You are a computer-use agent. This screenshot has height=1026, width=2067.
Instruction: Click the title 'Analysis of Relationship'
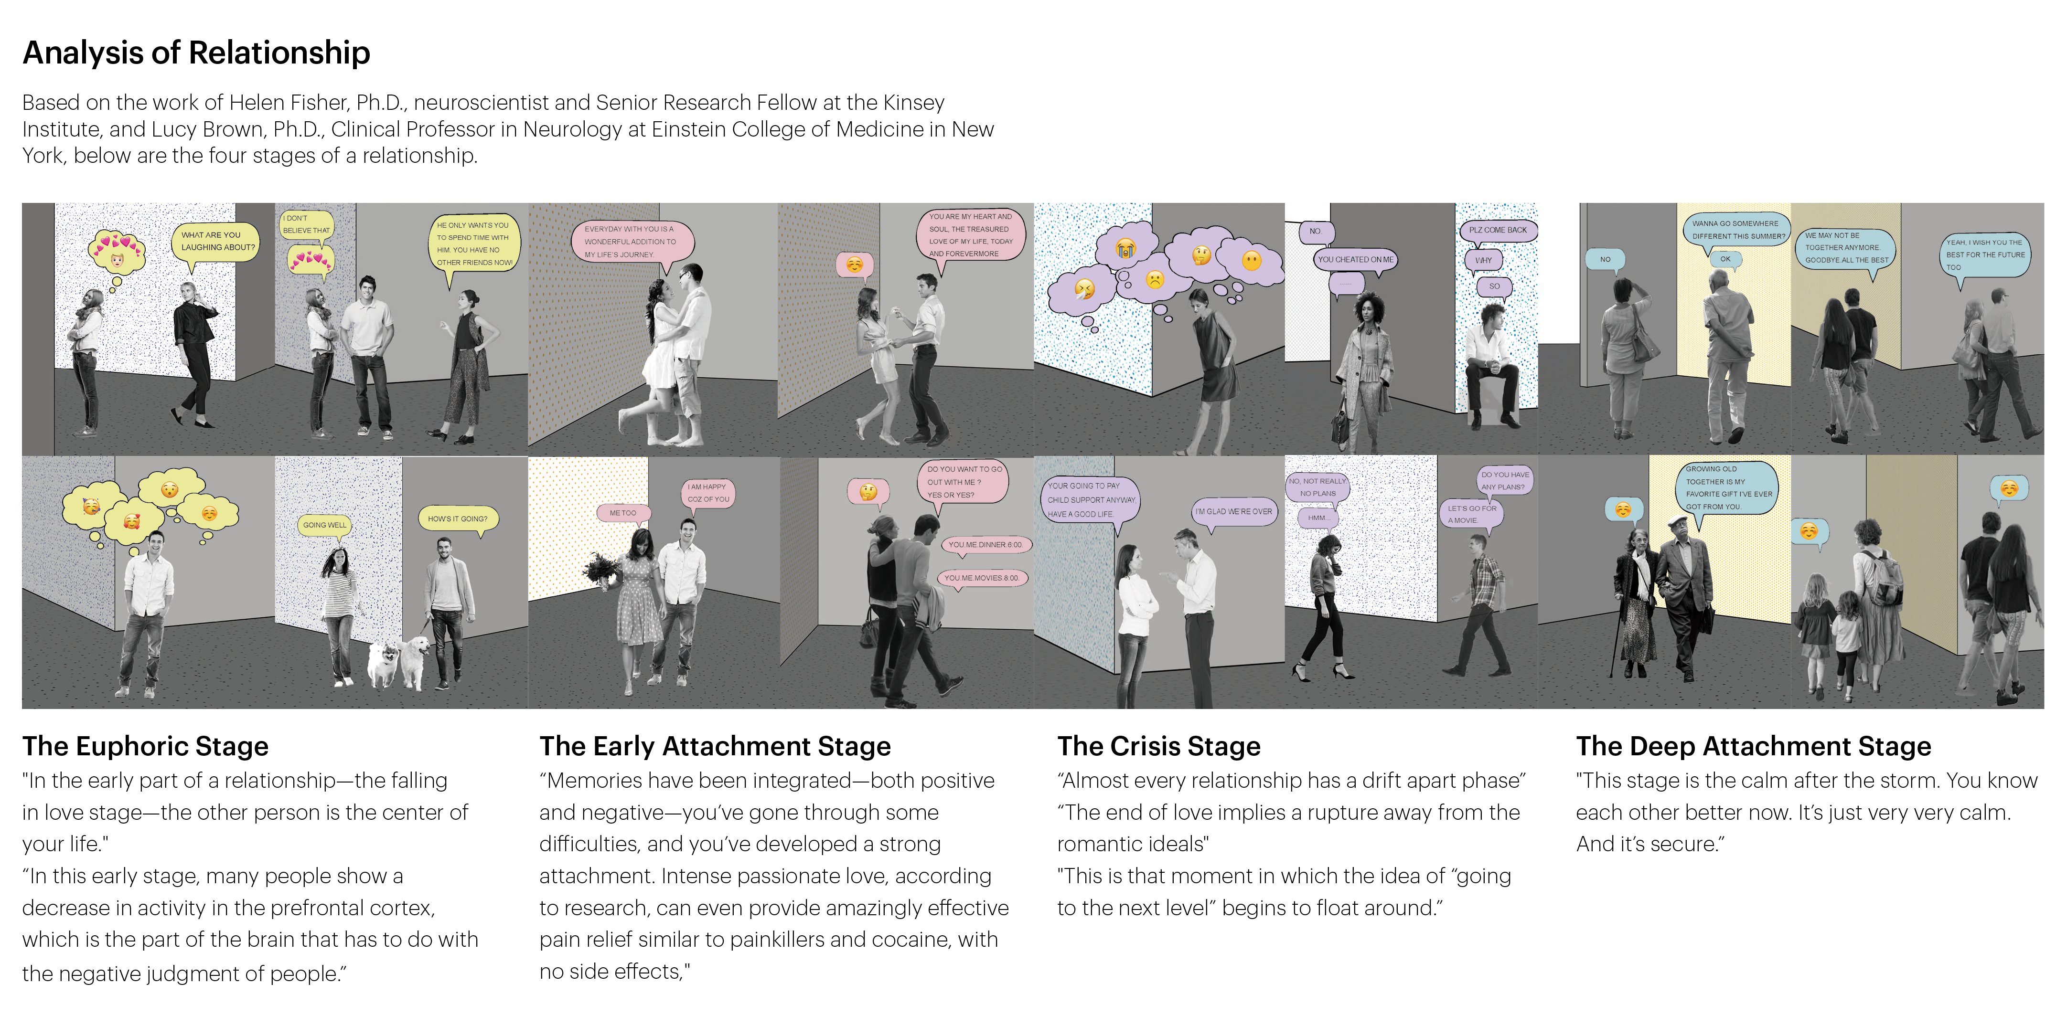click(197, 53)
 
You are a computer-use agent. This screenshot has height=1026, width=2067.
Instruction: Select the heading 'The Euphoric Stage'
click(145, 746)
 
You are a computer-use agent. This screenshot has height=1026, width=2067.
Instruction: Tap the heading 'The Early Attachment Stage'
click(714, 746)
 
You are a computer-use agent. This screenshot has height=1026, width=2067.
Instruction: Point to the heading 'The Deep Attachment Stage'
click(1753, 746)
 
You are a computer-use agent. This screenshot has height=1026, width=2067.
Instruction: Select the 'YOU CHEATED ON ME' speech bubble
click(1355, 260)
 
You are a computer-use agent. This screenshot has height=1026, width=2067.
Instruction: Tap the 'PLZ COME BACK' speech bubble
click(1497, 230)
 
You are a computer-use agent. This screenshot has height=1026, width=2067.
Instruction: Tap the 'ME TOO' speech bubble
click(622, 513)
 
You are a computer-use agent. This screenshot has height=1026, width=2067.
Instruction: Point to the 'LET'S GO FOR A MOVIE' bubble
click(1472, 514)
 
